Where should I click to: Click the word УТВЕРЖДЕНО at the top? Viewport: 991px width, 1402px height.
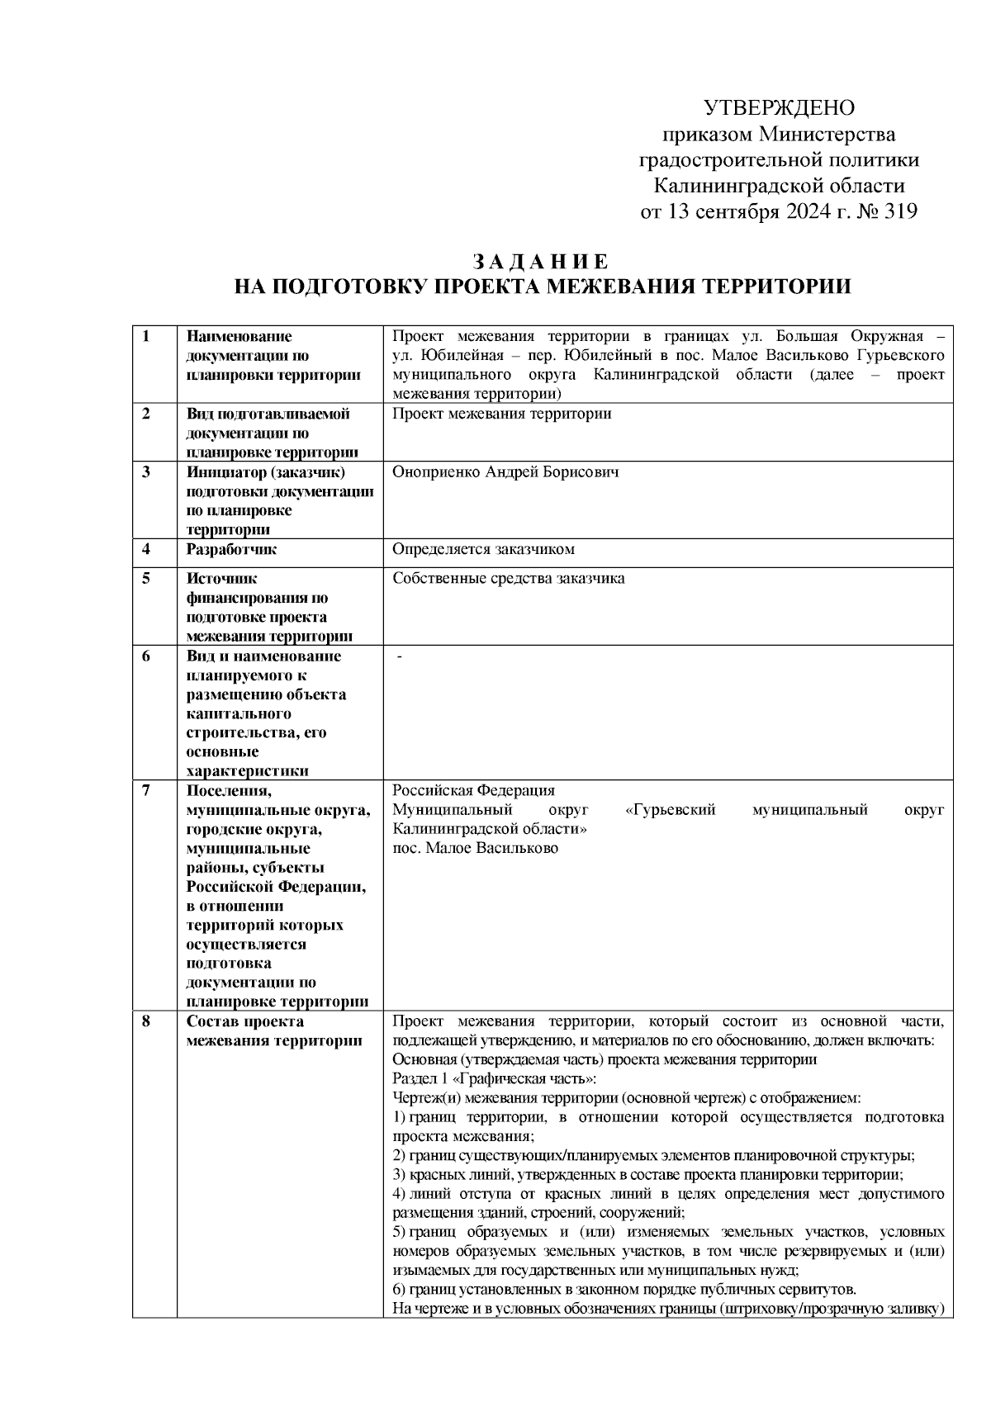(x=779, y=108)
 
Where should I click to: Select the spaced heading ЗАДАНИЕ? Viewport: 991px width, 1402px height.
(x=541, y=263)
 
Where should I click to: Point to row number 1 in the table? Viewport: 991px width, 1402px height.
(x=146, y=337)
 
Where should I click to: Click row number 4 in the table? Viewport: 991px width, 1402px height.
(x=146, y=549)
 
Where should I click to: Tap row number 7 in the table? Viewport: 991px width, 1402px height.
(x=146, y=790)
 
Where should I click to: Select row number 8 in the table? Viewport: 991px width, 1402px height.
(x=146, y=1021)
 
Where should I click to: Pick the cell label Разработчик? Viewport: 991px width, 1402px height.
(x=231, y=549)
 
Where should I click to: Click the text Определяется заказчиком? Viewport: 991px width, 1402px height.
(x=483, y=549)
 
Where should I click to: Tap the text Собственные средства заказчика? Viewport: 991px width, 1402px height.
(x=509, y=578)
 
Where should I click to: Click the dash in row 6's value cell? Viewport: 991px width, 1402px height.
(x=400, y=656)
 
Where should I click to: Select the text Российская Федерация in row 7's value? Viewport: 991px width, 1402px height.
(x=473, y=790)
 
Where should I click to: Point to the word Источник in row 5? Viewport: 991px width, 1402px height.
(x=222, y=578)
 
